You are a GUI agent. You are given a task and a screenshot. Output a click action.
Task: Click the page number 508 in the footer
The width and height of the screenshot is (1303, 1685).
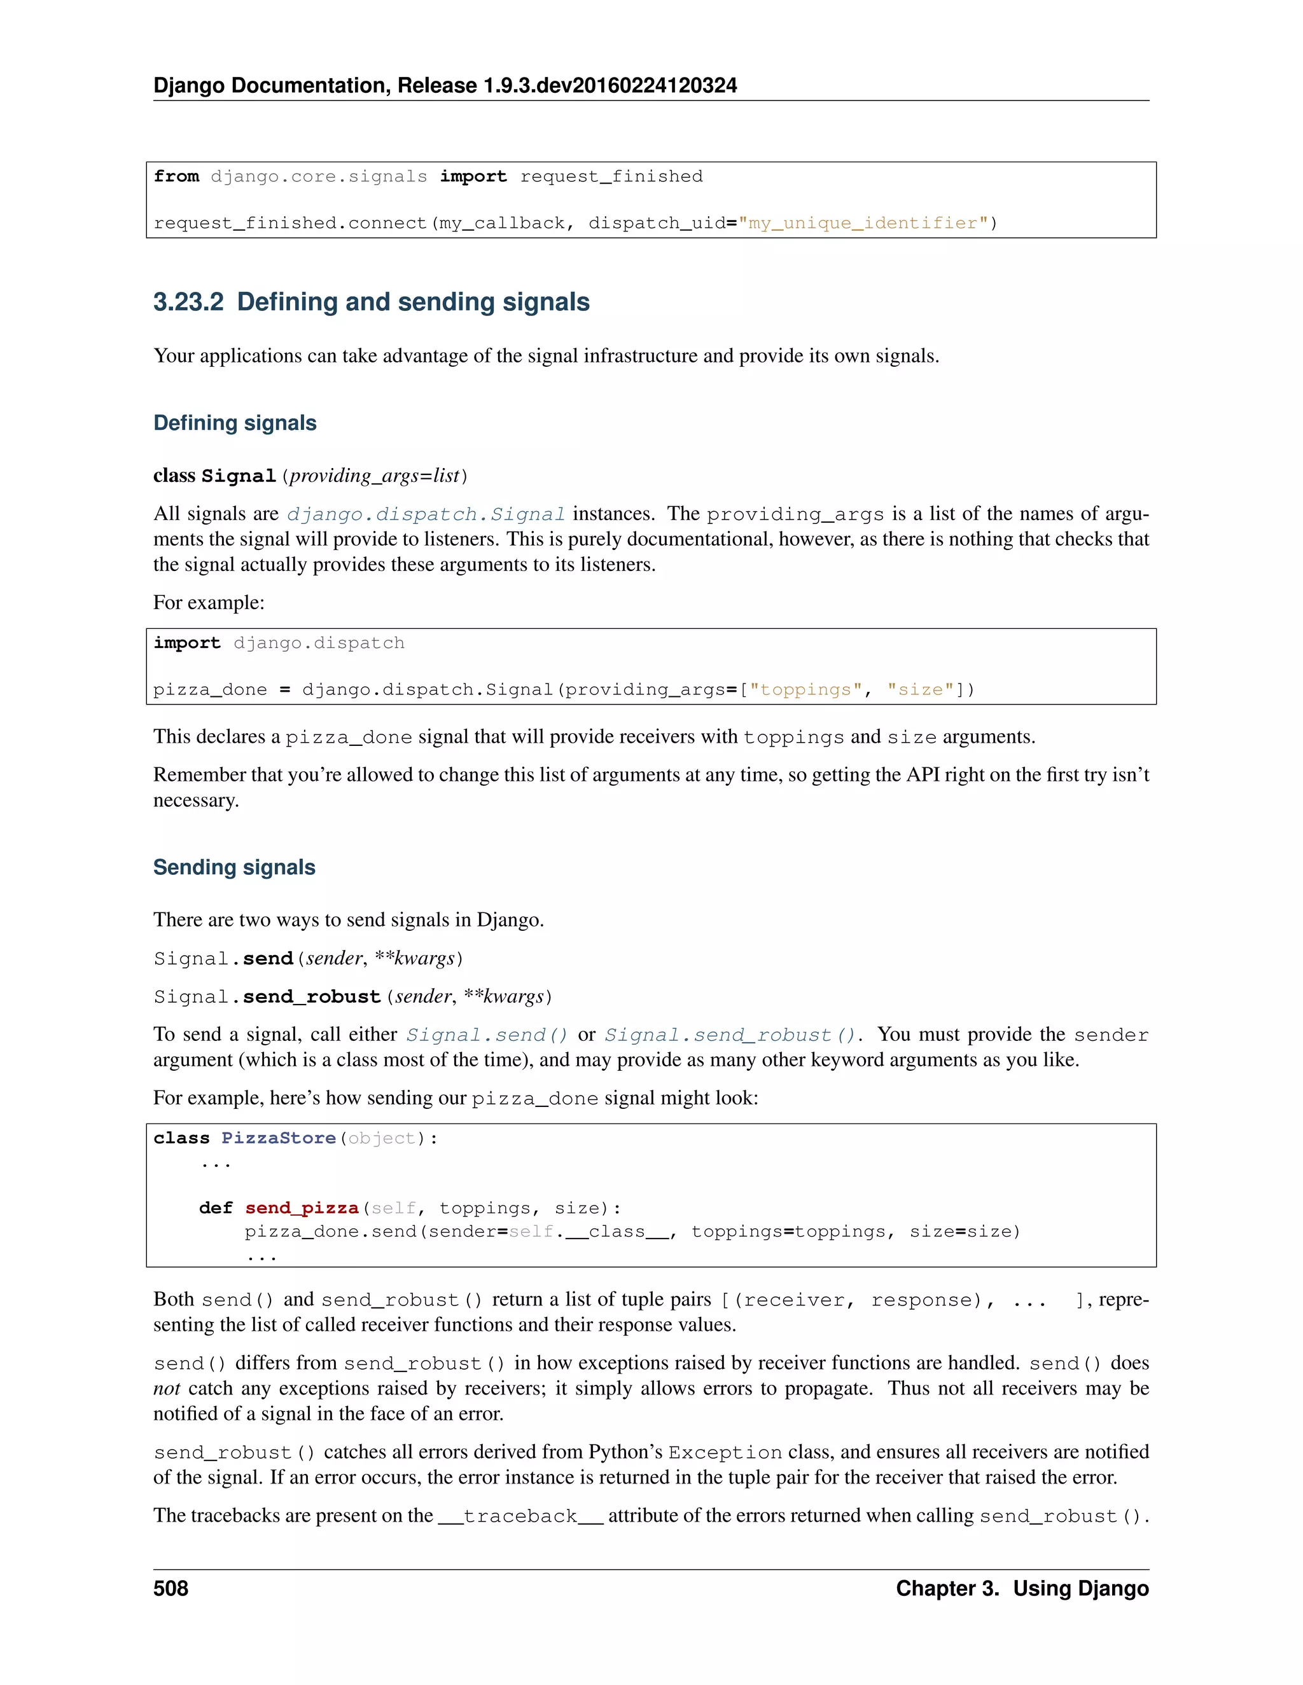tap(171, 1588)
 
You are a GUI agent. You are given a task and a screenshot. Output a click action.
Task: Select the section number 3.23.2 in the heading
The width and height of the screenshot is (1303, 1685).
tap(188, 301)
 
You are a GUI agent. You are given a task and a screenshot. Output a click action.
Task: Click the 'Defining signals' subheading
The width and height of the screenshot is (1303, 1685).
tap(235, 423)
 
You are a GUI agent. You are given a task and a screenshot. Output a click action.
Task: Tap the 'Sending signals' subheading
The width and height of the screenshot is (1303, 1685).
tap(234, 867)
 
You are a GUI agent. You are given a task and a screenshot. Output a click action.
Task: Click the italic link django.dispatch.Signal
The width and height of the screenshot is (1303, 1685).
tap(426, 514)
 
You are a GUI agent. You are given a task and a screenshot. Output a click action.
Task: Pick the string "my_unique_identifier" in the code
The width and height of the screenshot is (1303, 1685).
tap(863, 223)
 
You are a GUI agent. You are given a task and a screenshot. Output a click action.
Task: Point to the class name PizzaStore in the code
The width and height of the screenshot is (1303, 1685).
tap(278, 1138)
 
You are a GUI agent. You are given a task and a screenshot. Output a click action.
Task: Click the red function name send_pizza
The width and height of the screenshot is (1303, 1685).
tap(302, 1207)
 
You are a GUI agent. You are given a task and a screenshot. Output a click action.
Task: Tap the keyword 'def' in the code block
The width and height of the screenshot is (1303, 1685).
tap(216, 1207)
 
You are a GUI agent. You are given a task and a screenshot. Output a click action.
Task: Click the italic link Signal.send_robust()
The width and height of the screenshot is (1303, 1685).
tap(730, 1035)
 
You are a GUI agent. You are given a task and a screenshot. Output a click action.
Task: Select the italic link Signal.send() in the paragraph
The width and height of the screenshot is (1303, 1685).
tap(487, 1035)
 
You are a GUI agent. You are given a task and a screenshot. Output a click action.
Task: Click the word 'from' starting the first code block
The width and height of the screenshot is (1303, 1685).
tap(176, 177)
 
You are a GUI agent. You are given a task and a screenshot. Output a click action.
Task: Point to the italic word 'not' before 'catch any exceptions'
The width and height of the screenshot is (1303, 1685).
tap(166, 1388)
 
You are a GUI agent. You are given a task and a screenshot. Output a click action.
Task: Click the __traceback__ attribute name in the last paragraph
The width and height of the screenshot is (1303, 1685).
tap(520, 1516)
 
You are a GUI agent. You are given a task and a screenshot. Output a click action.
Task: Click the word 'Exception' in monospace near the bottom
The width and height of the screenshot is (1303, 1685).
tap(725, 1453)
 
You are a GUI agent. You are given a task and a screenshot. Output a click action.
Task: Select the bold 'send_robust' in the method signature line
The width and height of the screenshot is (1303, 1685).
tap(312, 997)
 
